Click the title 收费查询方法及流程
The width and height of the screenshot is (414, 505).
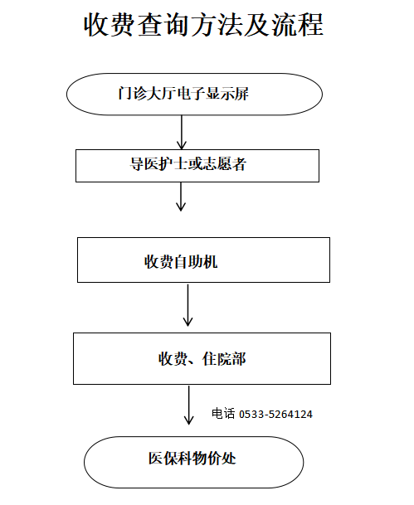203,25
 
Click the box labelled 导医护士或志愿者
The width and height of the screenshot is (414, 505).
197,164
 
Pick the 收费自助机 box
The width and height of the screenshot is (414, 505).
203,260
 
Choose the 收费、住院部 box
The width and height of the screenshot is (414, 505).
202,358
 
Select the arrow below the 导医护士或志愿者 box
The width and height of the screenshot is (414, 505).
181,197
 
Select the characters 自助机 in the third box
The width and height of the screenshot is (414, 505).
201,263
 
